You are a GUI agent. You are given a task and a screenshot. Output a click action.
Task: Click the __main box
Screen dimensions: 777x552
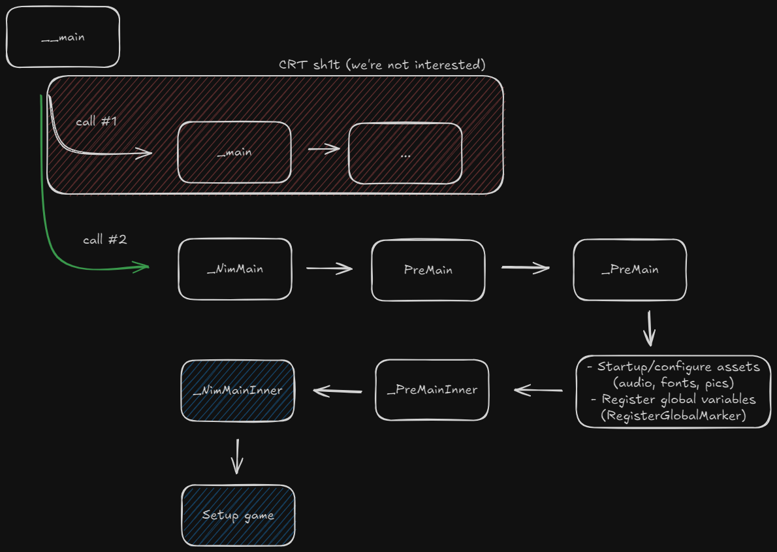(x=63, y=37)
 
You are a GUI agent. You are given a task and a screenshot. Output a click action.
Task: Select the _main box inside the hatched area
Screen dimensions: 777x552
(x=234, y=152)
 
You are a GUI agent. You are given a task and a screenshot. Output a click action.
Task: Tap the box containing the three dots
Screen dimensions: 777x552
(x=405, y=154)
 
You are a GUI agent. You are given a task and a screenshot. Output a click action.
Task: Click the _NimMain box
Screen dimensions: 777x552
(x=235, y=269)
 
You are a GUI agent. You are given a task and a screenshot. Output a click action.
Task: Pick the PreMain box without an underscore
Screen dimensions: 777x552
(x=428, y=270)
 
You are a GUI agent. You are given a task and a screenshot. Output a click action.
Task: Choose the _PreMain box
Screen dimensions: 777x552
(x=630, y=270)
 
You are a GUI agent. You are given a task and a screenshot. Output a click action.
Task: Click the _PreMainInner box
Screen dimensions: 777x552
(x=432, y=390)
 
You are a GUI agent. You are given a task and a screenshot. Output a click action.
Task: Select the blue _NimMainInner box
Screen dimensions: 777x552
(x=238, y=391)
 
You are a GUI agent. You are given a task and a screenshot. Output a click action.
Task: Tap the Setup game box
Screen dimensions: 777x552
(x=238, y=515)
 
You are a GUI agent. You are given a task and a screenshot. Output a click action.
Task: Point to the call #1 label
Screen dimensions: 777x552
(x=97, y=122)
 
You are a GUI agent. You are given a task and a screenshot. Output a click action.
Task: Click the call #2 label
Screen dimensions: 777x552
(x=105, y=240)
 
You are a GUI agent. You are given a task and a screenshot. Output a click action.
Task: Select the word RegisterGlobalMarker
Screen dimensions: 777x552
(x=674, y=415)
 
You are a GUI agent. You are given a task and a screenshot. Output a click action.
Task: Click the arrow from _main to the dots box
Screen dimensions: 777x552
(x=324, y=148)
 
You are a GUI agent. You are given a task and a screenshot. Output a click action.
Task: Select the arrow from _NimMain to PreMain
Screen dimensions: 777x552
(x=330, y=268)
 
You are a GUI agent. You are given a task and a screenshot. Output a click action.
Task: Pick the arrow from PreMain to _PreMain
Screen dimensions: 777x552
(x=526, y=268)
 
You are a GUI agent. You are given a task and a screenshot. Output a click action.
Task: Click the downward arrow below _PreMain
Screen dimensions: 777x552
(x=650, y=329)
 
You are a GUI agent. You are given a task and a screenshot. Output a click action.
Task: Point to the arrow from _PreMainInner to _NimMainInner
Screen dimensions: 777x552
(x=338, y=391)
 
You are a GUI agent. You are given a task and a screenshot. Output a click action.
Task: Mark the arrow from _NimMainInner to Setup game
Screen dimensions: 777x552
(x=238, y=456)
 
